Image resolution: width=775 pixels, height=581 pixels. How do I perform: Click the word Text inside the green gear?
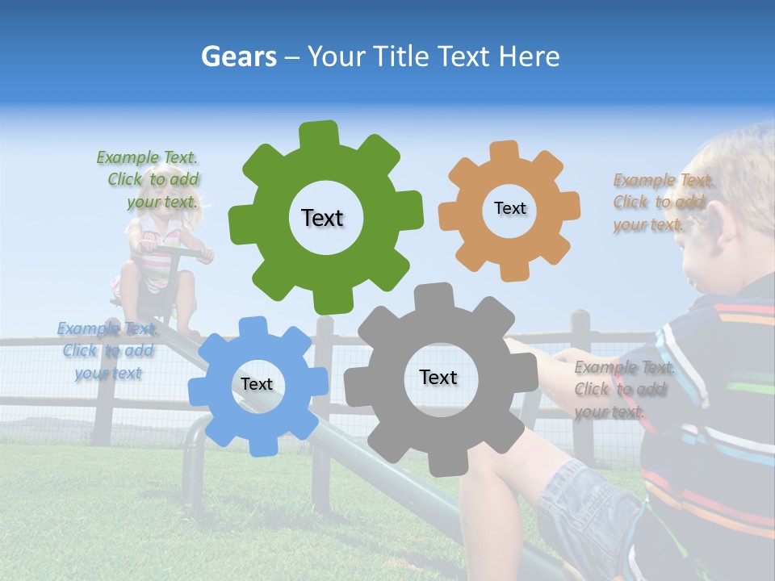pos(322,218)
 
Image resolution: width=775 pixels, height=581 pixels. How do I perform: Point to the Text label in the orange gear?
pos(509,208)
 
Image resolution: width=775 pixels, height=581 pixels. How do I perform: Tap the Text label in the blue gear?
pos(257,384)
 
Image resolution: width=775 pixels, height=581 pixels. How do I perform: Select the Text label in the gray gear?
pos(438,377)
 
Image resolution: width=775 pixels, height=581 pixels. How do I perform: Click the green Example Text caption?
pos(150,179)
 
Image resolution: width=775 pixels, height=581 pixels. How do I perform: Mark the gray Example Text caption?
pos(622,389)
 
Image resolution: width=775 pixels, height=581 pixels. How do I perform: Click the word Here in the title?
pos(529,56)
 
